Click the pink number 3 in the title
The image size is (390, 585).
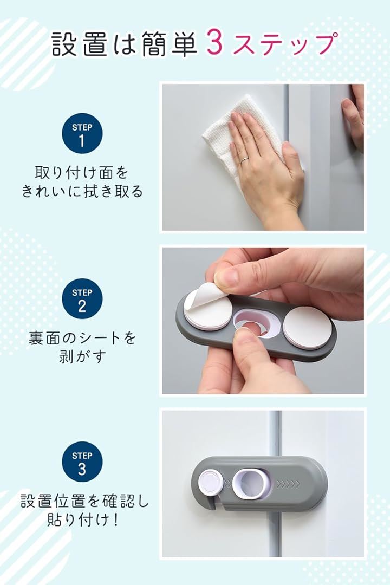(x=214, y=43)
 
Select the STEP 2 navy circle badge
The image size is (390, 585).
(x=82, y=299)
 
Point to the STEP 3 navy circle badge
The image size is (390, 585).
(x=82, y=462)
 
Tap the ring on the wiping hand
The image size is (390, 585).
(x=244, y=161)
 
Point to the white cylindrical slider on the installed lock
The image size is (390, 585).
(x=251, y=484)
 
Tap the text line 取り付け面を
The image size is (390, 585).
(x=82, y=173)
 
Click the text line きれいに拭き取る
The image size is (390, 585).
(x=82, y=191)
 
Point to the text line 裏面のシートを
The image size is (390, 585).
(x=82, y=338)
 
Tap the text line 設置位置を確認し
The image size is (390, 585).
(x=84, y=501)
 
